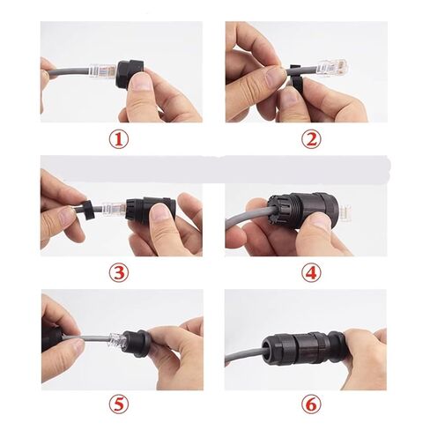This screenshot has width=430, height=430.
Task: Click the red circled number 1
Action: pos(119,139)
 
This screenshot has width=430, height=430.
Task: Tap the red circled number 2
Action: pos(311,139)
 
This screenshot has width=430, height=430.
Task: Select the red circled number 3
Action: pos(119,272)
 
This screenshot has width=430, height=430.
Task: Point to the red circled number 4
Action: pos(311,272)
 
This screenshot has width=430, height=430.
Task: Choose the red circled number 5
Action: pos(119,404)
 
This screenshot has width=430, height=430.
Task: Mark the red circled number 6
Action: pos(311,404)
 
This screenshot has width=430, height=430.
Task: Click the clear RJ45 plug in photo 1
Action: pos(103,70)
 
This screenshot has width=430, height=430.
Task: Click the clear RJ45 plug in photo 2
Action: pos(332,68)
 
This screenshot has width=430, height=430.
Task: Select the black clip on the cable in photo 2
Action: pos(296,77)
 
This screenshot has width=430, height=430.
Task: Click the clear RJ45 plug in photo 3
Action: pos(115,209)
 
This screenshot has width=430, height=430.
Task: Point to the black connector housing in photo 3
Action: pos(151,209)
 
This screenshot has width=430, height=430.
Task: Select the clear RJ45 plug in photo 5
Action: pos(117,342)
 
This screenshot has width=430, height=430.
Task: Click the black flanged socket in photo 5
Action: pos(137,344)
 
